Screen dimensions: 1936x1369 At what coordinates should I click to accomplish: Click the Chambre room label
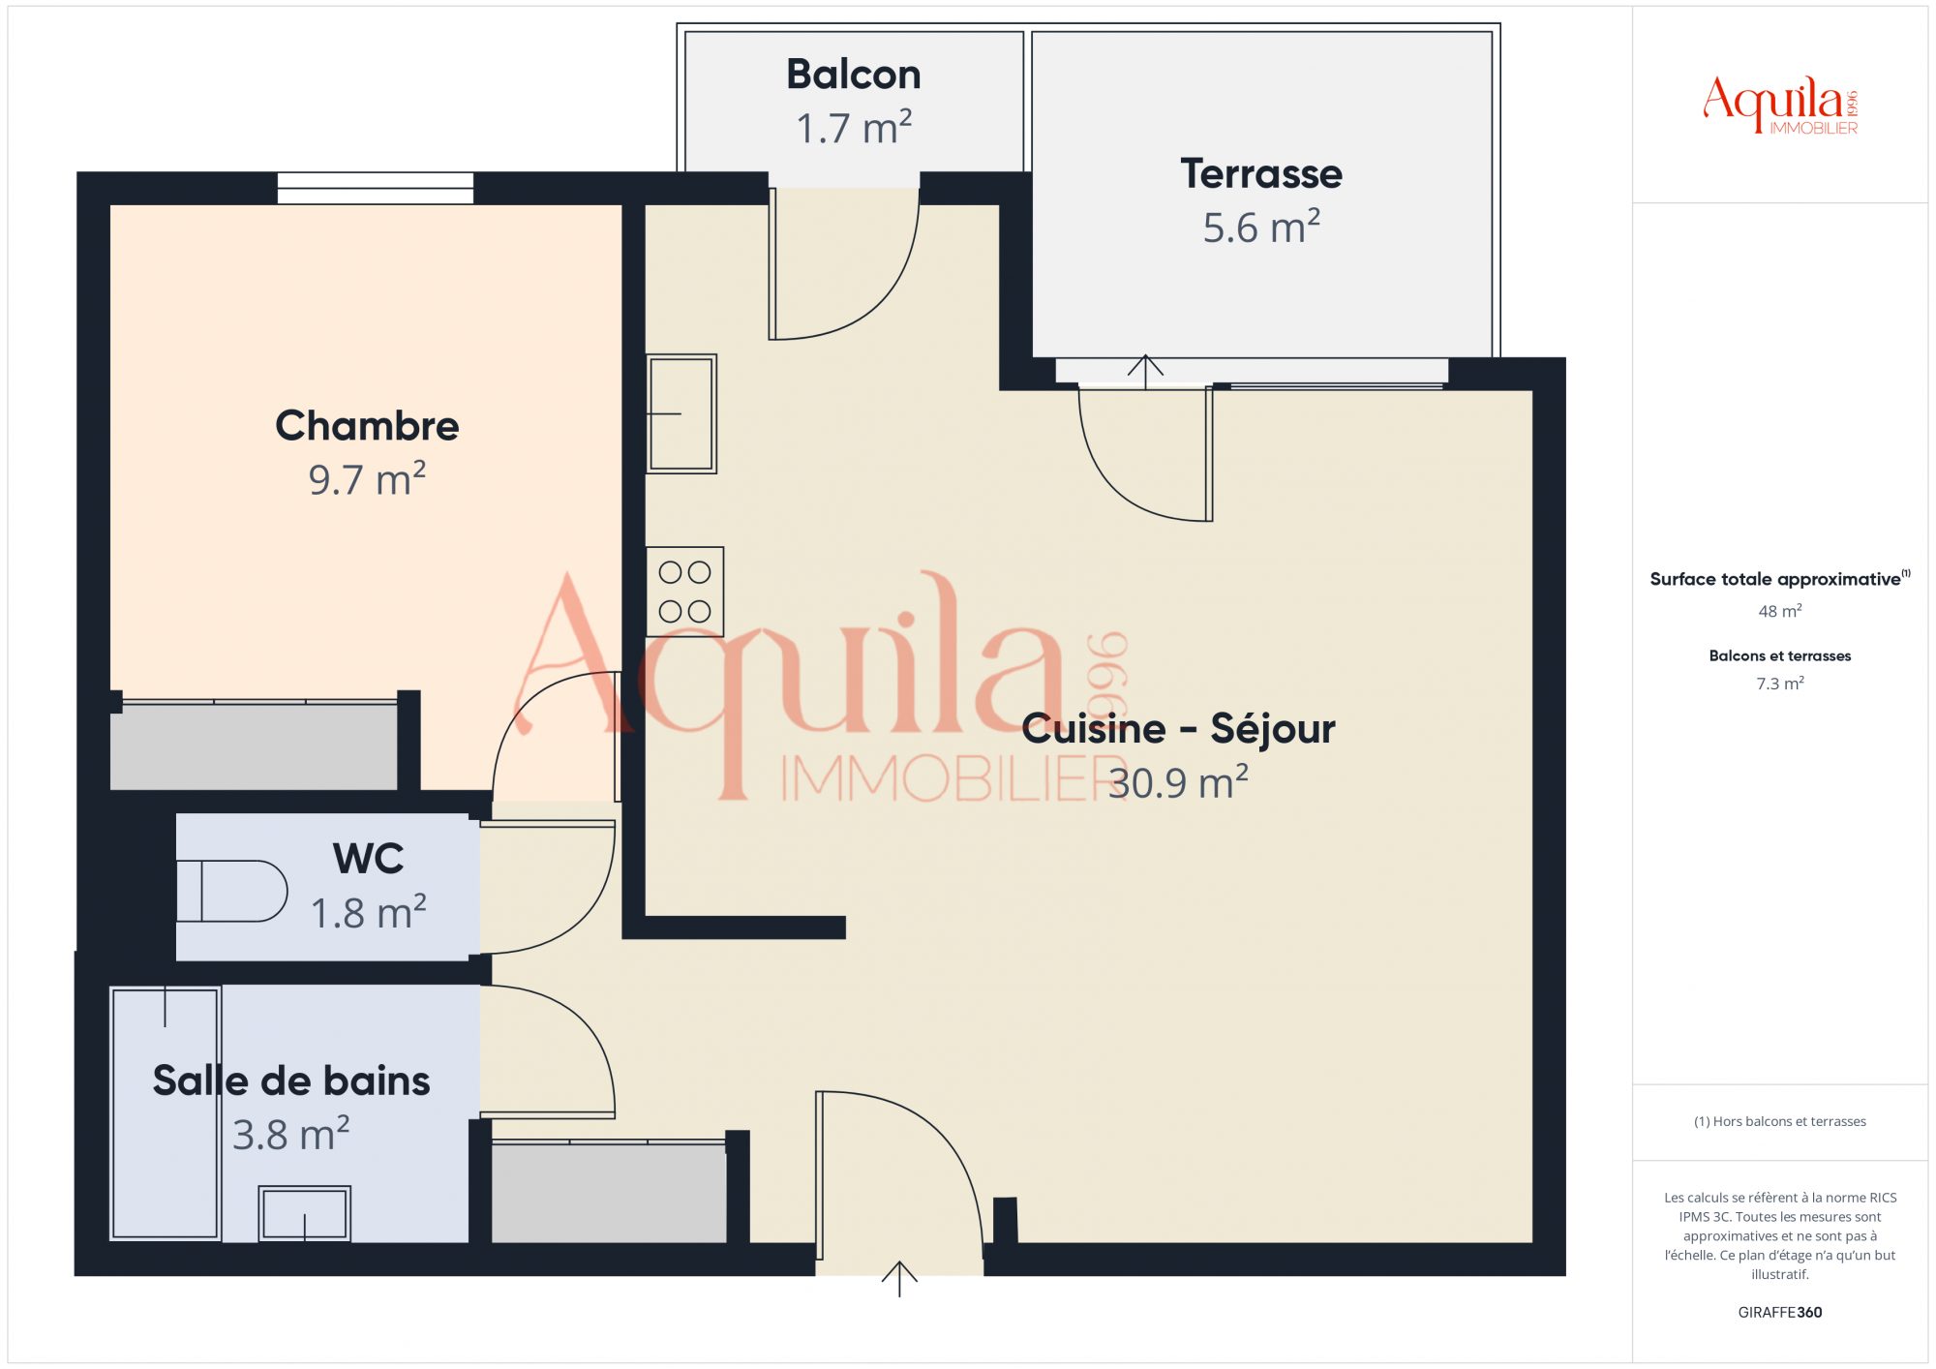click(367, 426)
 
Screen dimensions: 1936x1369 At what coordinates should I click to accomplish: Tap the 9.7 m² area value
click(367, 479)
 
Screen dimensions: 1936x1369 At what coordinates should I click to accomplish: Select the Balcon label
click(853, 75)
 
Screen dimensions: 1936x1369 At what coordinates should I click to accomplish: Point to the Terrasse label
click(1261, 174)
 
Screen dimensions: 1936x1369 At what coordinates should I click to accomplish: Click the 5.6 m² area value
click(1261, 228)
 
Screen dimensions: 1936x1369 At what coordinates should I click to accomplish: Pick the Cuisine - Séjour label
click(1178, 728)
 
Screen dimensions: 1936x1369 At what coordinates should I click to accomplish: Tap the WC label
click(368, 859)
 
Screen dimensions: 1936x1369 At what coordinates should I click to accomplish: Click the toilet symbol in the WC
click(232, 891)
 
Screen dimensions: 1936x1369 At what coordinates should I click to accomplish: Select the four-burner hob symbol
click(684, 592)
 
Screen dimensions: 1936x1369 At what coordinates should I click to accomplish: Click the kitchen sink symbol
click(681, 413)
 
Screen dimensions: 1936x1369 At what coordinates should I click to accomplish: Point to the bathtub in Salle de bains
click(166, 1112)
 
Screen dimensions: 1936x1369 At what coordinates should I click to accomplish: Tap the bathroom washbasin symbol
click(305, 1213)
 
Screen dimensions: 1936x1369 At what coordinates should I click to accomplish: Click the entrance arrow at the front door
click(899, 1279)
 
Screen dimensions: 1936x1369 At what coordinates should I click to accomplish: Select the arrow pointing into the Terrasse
click(1145, 372)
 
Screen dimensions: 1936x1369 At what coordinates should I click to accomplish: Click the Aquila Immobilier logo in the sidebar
click(1780, 106)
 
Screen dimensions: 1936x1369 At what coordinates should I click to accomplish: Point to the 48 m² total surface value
click(1780, 611)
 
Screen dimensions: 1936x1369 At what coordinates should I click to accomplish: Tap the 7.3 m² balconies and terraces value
click(1780, 684)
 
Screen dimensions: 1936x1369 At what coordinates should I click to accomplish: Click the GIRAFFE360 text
click(1780, 1313)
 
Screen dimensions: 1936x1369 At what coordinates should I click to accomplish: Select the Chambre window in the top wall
click(376, 188)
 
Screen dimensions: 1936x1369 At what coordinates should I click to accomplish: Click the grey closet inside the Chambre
click(254, 745)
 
